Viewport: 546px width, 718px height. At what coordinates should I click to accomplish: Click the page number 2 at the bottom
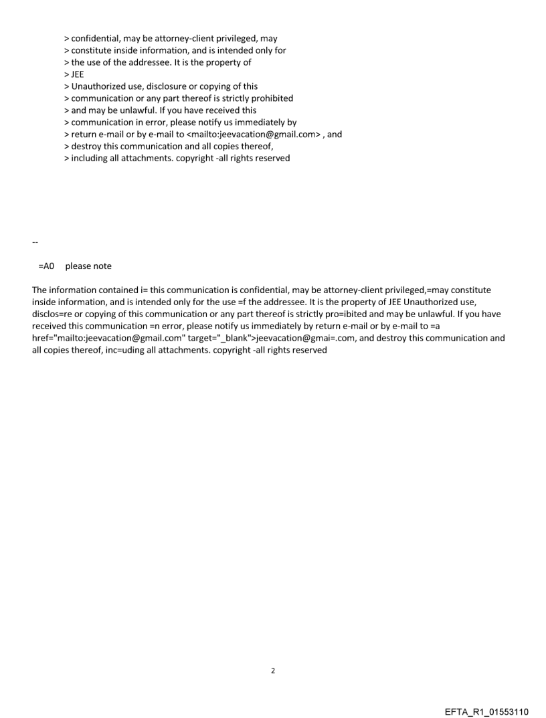pos(272,670)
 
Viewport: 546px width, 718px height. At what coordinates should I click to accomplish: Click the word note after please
pos(102,266)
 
